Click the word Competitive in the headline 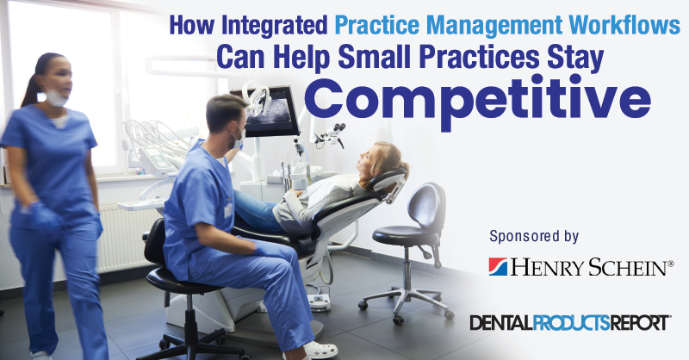[483, 101]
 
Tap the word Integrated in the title [275, 26]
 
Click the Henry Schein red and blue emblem [499, 267]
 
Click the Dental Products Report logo [570, 323]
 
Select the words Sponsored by [534, 236]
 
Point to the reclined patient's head [382, 162]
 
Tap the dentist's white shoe [320, 350]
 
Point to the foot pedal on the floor [319, 302]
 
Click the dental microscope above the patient [331, 135]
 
